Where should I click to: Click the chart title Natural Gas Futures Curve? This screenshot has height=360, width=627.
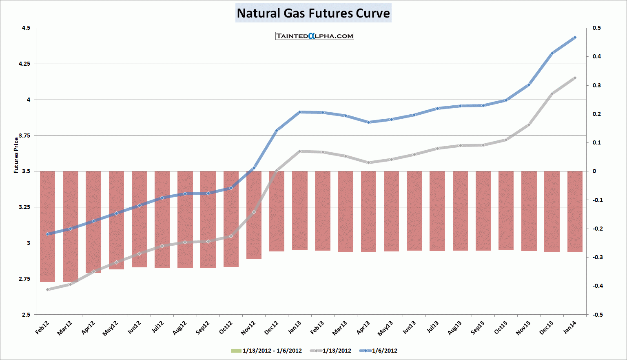tap(313, 13)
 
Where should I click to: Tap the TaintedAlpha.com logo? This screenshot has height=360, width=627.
tap(315, 36)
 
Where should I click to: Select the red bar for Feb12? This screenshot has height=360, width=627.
tap(47, 226)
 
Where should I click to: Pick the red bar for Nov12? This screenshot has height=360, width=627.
tap(254, 215)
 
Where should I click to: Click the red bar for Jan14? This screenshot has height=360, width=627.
tap(575, 211)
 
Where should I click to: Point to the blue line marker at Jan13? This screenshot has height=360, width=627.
tap(300, 112)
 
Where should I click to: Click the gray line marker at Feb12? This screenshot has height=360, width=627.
tap(47, 290)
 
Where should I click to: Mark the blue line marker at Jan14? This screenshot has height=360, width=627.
tap(575, 38)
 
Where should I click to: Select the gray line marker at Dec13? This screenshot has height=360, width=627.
tap(552, 94)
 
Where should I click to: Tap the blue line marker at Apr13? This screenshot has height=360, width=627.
tap(368, 122)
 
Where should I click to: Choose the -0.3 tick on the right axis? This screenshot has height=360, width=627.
tap(597, 257)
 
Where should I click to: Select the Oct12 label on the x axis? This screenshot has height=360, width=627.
tap(226, 327)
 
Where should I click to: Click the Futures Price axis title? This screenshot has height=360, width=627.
tap(16, 155)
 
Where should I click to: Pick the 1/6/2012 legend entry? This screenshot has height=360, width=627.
tap(379, 351)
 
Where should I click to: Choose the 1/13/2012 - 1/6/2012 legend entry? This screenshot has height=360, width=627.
tap(267, 351)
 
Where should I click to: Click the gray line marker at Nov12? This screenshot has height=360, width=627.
tap(254, 212)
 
